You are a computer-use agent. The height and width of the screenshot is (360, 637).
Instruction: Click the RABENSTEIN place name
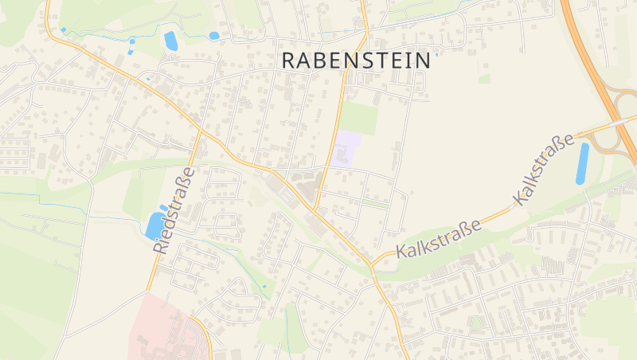357,60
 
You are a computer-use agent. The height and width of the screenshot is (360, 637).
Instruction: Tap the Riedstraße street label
174,211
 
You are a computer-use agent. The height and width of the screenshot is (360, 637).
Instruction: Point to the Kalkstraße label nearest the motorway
545,170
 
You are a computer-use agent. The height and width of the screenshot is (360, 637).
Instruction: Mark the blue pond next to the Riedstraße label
153,226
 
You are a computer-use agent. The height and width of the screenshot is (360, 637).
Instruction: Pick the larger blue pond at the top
170,41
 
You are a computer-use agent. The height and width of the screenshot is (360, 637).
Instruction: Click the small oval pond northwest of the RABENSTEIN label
213,36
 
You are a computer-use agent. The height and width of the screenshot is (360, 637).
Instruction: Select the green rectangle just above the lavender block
359,118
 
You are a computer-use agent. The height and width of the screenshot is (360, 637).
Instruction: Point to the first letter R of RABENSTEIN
291,60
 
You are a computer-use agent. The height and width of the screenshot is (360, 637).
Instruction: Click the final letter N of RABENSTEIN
422,60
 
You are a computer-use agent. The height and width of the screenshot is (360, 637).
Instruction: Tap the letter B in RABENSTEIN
327,60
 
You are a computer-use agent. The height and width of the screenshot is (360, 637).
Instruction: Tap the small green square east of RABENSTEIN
484,78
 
